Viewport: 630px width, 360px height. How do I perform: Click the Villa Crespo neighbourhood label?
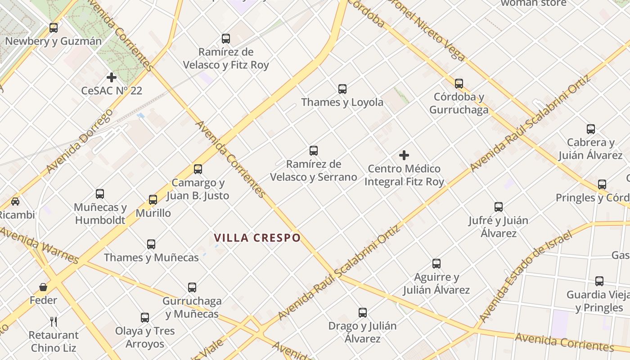(x=257, y=238)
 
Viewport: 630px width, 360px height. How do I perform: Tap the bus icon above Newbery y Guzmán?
(x=54, y=28)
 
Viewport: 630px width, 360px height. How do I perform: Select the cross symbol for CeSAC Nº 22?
(x=112, y=77)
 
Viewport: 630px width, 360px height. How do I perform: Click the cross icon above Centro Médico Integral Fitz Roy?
(x=404, y=156)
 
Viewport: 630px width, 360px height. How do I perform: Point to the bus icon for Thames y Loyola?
(x=342, y=89)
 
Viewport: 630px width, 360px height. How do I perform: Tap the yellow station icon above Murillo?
(x=153, y=200)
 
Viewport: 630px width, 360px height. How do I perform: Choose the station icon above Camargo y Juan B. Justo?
(x=198, y=169)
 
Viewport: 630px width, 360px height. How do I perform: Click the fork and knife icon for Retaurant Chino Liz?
(x=54, y=321)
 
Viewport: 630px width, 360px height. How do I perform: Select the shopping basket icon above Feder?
(x=43, y=287)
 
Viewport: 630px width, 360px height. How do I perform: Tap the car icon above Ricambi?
(x=15, y=201)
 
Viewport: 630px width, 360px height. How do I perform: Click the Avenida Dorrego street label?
(x=79, y=141)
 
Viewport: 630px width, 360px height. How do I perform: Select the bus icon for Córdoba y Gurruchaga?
(x=459, y=84)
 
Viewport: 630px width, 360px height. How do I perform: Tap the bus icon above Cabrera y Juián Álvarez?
(x=591, y=130)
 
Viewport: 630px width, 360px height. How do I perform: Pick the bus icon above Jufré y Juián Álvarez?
(x=499, y=207)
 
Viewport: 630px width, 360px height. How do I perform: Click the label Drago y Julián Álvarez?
(x=362, y=332)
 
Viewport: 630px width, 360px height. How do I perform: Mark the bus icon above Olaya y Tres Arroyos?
(x=144, y=318)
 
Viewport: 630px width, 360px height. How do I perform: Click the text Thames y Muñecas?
(x=151, y=257)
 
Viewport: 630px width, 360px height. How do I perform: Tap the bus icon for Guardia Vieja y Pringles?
(x=599, y=281)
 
